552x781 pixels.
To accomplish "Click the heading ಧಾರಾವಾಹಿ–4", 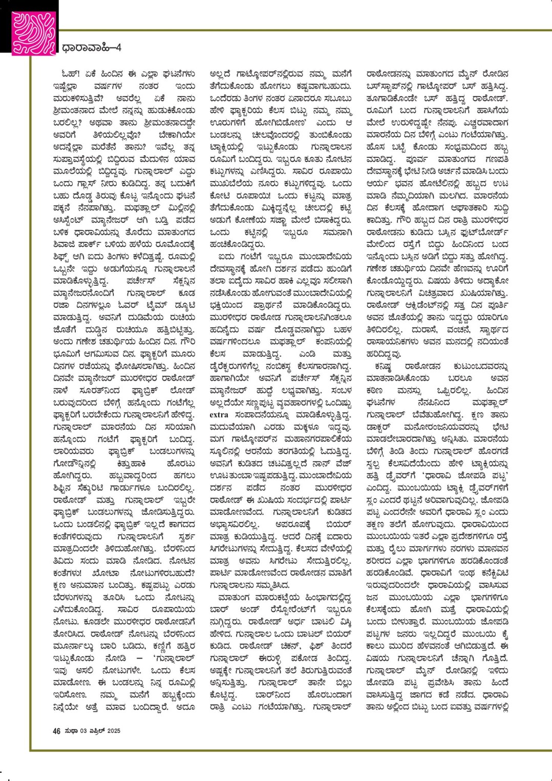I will [x=92, y=48].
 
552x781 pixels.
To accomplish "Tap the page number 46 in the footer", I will [x=57, y=731].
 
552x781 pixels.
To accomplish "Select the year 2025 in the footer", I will [x=114, y=731].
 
